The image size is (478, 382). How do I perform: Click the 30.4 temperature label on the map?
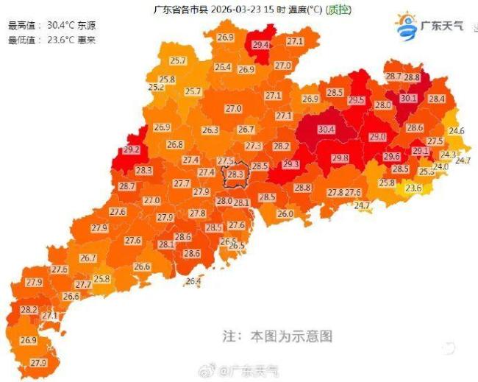click(x=326, y=130)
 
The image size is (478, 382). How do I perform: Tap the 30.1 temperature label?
click(x=408, y=99)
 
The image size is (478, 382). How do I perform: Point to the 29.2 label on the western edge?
click(x=132, y=149)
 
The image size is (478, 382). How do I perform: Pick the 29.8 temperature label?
click(x=340, y=158)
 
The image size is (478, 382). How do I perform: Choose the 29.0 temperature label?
click(x=377, y=137)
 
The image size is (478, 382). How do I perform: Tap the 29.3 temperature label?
click(x=291, y=164)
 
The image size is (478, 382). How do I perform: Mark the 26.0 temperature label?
click(x=285, y=214)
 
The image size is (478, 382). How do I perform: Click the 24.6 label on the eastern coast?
click(x=457, y=131)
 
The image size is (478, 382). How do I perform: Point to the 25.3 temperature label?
click(x=427, y=171)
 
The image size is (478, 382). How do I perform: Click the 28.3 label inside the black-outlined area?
click(x=235, y=174)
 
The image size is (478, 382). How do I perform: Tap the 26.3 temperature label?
click(x=210, y=130)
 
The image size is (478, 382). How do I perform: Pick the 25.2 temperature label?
click(x=156, y=88)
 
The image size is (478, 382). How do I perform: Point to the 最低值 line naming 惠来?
click(x=50, y=39)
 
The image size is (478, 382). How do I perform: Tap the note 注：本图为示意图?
click(x=277, y=336)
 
